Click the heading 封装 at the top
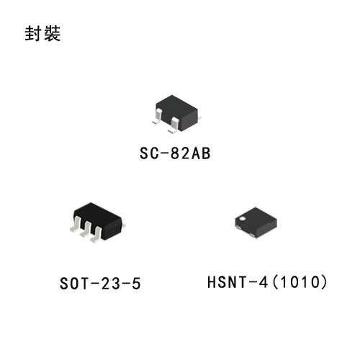tap(42, 33)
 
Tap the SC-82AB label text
tap(175, 153)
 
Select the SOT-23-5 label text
tap(100, 284)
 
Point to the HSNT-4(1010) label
tap(267, 282)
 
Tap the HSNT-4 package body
tap(256, 222)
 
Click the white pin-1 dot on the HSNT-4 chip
tap(243, 218)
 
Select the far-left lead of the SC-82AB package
tap(158, 117)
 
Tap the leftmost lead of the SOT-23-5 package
tap(76, 225)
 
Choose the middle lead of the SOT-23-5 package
tap(86, 230)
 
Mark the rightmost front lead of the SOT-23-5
tap(96, 235)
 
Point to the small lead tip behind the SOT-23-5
tap(124, 225)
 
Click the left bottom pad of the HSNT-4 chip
tap(238, 227)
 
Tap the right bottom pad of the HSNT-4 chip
tap(252, 235)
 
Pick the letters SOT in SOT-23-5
tap(74, 284)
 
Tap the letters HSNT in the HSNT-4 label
tap(227, 282)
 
